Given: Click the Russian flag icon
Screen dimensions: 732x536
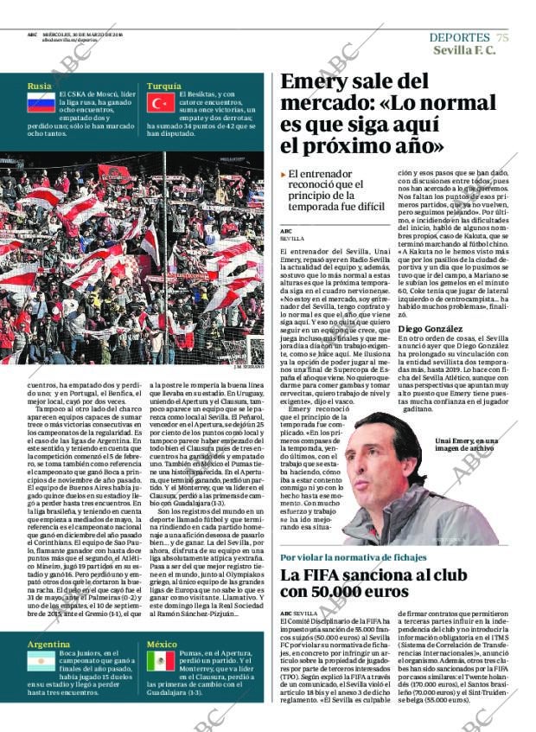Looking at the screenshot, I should [40, 105].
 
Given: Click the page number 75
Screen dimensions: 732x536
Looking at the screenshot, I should [502, 37].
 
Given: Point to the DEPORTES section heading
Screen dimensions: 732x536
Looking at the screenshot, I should [459, 37].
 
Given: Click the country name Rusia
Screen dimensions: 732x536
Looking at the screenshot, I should [39, 87].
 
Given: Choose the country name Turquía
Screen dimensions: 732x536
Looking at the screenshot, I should [163, 87].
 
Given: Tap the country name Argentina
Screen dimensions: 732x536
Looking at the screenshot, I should [48, 645].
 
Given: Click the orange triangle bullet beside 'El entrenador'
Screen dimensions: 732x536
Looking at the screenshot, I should [284, 175].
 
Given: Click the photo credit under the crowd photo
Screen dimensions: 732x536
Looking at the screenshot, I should [247, 367].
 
